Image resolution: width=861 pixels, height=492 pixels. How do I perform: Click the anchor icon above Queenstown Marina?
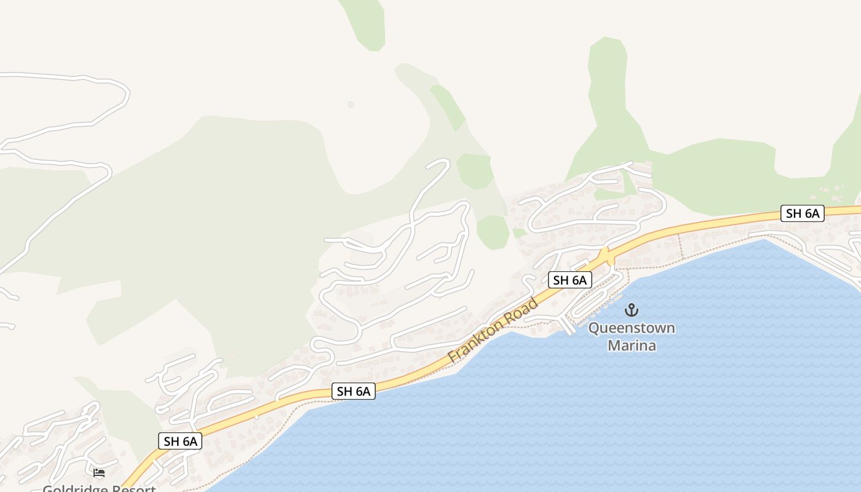click(632, 309)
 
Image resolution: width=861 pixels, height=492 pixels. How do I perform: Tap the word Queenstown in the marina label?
click(632, 328)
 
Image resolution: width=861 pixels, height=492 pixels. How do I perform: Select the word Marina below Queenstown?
click(632, 346)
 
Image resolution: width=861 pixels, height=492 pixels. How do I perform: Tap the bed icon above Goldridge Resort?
click(99, 473)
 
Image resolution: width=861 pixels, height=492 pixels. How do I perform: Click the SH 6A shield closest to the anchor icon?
click(569, 280)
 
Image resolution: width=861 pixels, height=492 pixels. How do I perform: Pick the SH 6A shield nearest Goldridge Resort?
click(180, 441)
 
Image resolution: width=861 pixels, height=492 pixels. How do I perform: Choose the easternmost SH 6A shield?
click(803, 213)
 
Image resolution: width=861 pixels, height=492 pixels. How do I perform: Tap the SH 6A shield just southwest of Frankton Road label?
click(354, 391)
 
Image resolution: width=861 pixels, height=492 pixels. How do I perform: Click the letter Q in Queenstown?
click(593, 328)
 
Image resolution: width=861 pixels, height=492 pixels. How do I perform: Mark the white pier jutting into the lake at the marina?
click(566, 325)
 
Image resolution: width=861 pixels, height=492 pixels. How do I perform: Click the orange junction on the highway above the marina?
click(606, 256)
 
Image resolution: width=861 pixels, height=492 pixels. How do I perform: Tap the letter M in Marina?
click(614, 346)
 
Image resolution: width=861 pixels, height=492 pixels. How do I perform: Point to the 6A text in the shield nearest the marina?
click(579, 280)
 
